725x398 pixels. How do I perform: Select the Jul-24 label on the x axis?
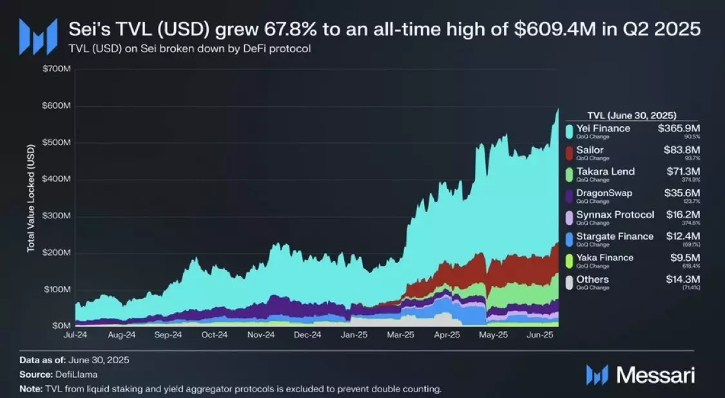pos(76,335)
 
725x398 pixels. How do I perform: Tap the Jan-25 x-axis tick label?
pos(354,335)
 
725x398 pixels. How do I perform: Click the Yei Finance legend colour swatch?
pos(569,131)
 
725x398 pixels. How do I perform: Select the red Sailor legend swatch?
pos(569,153)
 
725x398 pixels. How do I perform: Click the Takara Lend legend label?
pos(606,171)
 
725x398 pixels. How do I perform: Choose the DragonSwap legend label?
pos(604,193)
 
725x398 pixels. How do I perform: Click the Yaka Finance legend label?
pos(605,258)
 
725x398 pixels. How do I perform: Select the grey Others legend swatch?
pos(569,282)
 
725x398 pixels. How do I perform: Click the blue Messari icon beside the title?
pos(33,36)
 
